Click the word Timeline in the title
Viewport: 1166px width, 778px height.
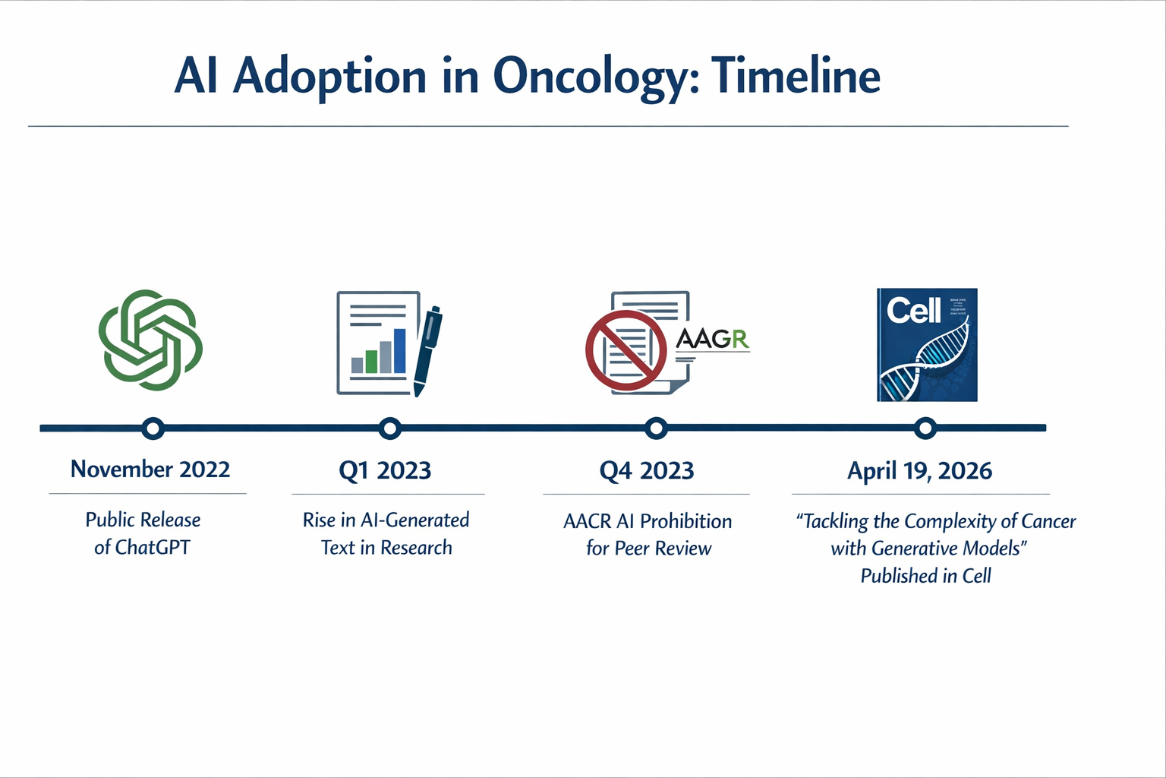coord(796,77)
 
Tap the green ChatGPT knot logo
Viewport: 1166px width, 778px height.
coord(151,340)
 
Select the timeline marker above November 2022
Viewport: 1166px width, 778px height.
coord(153,429)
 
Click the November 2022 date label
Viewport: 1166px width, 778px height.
coord(150,470)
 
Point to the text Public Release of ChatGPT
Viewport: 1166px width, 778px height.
coord(143,533)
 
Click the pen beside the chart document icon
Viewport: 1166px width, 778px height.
coord(427,349)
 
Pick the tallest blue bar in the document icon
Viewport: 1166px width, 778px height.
coord(400,351)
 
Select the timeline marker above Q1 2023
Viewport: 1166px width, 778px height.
coord(389,429)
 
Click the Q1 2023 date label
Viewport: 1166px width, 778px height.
coord(385,471)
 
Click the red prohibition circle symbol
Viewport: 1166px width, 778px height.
coord(626,350)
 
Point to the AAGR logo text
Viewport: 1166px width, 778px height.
coord(712,339)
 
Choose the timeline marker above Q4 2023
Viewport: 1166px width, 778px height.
coord(656,429)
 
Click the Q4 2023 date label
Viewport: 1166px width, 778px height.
coord(647,471)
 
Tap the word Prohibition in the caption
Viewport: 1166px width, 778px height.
coord(685,521)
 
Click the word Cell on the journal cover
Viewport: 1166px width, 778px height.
coord(913,310)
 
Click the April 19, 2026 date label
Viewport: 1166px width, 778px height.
coord(919,471)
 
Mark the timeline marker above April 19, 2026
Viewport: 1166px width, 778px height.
coord(925,429)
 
